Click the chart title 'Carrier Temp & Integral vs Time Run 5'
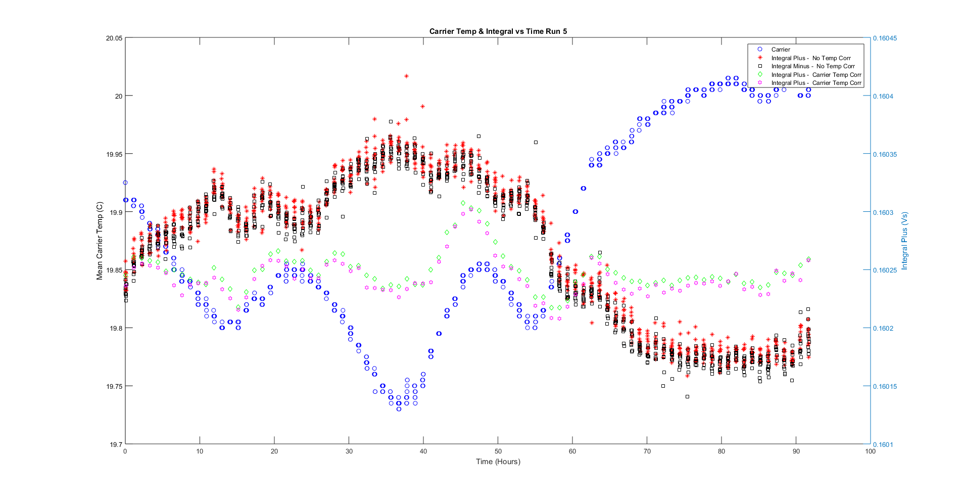[x=498, y=31]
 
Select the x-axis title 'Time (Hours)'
[x=498, y=461]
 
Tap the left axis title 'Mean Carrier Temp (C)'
[x=100, y=241]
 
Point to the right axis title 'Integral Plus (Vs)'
[x=904, y=241]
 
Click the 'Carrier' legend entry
[x=780, y=50]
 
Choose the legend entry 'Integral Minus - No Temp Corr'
[x=812, y=66]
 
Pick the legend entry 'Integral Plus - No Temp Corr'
[x=810, y=58]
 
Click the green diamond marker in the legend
[x=759, y=74]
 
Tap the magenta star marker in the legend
[x=759, y=83]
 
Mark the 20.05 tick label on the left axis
[x=114, y=38]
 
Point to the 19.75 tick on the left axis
[x=114, y=386]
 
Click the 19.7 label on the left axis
[x=116, y=444]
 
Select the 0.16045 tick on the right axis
[x=885, y=38]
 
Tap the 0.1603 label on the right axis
[x=883, y=212]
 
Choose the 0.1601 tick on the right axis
[x=883, y=444]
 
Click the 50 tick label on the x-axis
[x=498, y=451]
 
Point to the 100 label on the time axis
[x=870, y=451]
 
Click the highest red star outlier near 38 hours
[x=406, y=76]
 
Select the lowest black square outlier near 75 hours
[x=687, y=397]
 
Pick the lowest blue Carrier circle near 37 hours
[x=399, y=409]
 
